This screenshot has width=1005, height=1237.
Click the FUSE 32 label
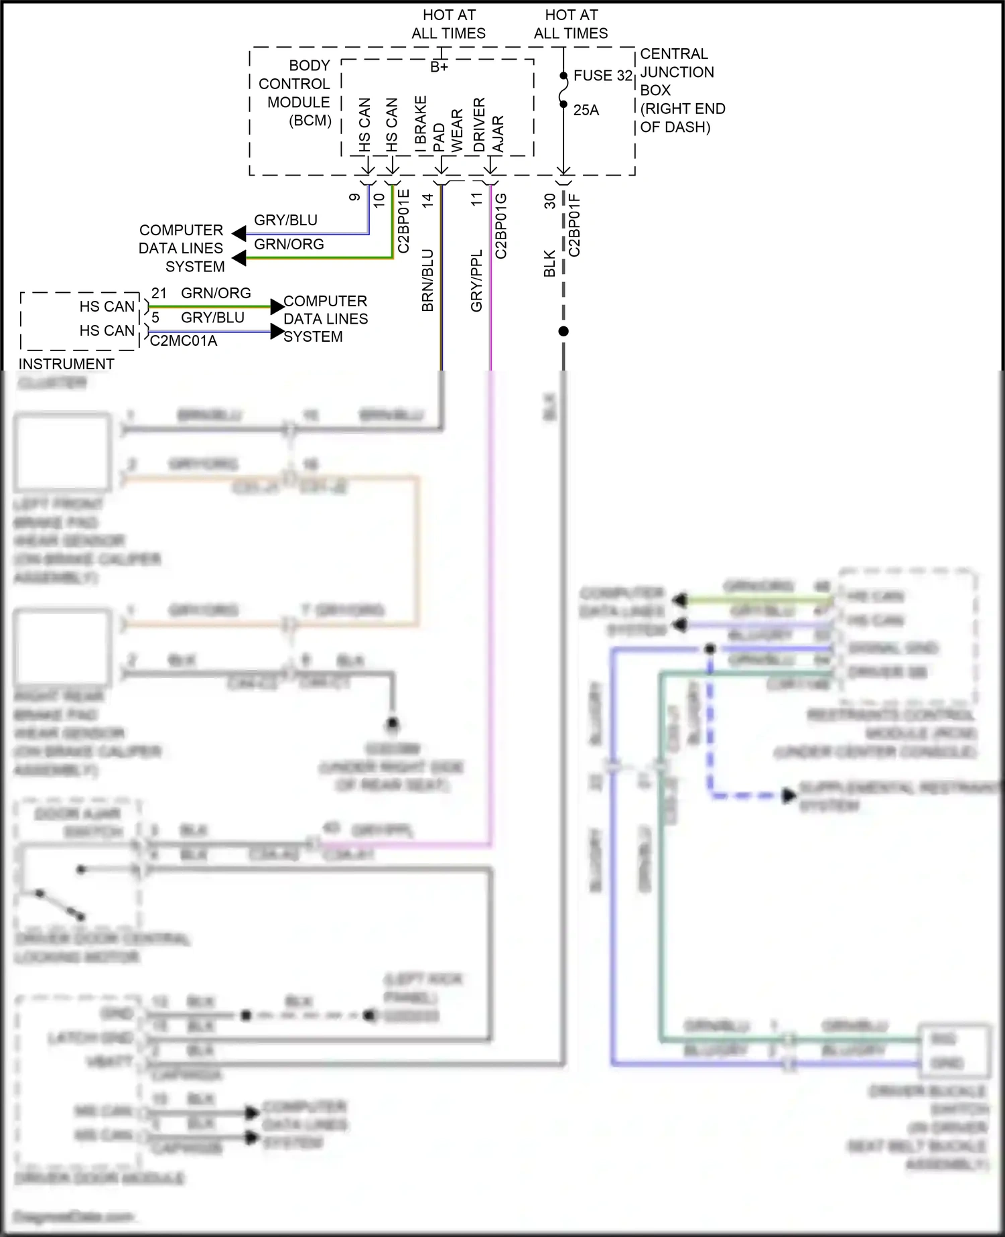pyautogui.click(x=602, y=76)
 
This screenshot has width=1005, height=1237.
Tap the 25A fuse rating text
pyautogui.click(x=586, y=110)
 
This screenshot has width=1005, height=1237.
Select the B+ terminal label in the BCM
pyautogui.click(x=439, y=67)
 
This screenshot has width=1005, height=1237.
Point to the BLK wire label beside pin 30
pyautogui.click(x=549, y=263)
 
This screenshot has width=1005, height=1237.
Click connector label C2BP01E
pyautogui.click(x=403, y=221)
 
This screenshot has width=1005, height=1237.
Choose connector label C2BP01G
pyautogui.click(x=500, y=226)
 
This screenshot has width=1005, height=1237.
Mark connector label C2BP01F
pyautogui.click(x=574, y=225)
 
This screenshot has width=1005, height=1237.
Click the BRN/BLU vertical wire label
pyautogui.click(x=427, y=280)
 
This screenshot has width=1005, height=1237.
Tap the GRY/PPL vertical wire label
pyautogui.click(x=476, y=281)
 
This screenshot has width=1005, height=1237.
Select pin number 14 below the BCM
pyautogui.click(x=427, y=199)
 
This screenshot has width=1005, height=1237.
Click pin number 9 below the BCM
pyautogui.click(x=354, y=197)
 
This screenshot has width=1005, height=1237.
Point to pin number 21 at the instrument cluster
pyautogui.click(x=159, y=294)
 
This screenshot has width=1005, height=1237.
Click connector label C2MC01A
pyautogui.click(x=183, y=341)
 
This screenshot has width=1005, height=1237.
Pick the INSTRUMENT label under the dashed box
pyautogui.click(x=66, y=364)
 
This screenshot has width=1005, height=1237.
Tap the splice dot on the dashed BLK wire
pyautogui.click(x=563, y=331)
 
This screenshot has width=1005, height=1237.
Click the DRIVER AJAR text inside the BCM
pyautogui.click(x=488, y=125)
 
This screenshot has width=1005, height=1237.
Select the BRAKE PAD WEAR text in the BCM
pyautogui.click(x=438, y=125)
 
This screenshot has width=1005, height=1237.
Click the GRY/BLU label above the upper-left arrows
pyautogui.click(x=285, y=220)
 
